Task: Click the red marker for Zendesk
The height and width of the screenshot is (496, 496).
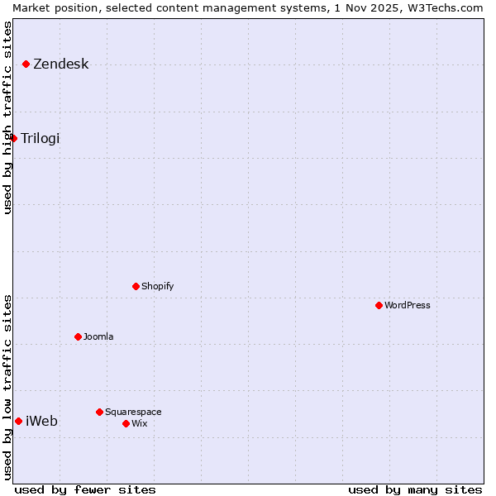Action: pos(26,64)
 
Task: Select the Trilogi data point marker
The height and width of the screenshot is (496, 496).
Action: pos(14,138)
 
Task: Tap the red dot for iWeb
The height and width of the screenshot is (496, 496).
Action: pos(18,421)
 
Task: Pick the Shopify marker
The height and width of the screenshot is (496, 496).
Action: pos(136,286)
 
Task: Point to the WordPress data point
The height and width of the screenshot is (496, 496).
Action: pos(379,305)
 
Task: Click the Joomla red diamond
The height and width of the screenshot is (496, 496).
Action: pos(79,336)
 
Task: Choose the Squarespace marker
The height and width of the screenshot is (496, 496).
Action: pos(100,412)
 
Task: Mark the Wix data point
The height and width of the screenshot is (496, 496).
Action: pos(126,423)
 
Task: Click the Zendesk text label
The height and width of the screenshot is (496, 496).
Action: pos(61,64)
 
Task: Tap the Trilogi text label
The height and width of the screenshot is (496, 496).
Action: pos(41,138)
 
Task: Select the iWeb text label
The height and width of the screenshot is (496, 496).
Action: pos(42,422)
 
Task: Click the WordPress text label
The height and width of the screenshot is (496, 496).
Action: pos(408,305)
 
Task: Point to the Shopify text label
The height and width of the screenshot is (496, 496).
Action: pos(158,286)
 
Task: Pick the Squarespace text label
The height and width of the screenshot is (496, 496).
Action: pos(134,412)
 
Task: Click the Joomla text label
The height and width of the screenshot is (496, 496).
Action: pos(98,336)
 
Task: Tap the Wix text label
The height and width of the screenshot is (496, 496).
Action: pos(140,423)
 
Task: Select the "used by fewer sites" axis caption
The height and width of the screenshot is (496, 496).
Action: pos(85,489)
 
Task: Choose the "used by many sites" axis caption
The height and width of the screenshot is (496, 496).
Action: pos(415,489)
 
